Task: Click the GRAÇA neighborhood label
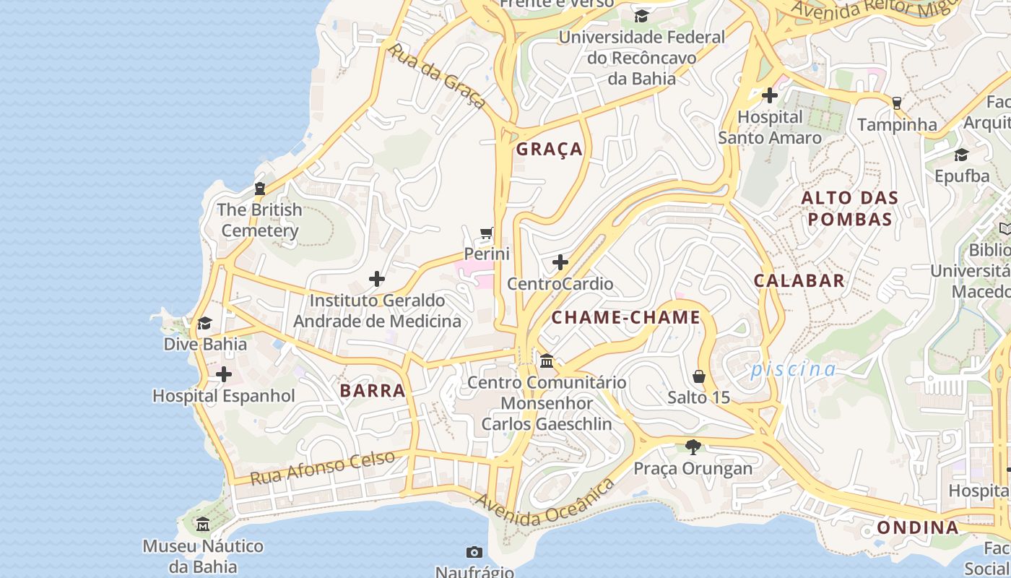pos(549,150)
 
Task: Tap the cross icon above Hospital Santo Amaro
pos(770,95)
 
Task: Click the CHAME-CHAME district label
pos(626,317)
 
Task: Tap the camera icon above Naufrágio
pos(474,553)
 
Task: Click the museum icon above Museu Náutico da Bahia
pos(203,525)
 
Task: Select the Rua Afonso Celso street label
pos(323,467)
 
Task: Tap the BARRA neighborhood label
pos(373,391)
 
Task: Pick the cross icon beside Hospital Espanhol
pos(224,374)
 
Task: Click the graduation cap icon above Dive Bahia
pos(205,323)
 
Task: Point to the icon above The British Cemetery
pos(260,189)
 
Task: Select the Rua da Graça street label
pos(436,76)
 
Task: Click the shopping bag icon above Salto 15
pos(698,376)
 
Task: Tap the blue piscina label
pos(793,370)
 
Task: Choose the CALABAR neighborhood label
pos(799,281)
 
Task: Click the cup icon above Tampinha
pos(897,103)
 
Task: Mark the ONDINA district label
pos(918,527)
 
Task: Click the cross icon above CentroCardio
pos(560,262)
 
